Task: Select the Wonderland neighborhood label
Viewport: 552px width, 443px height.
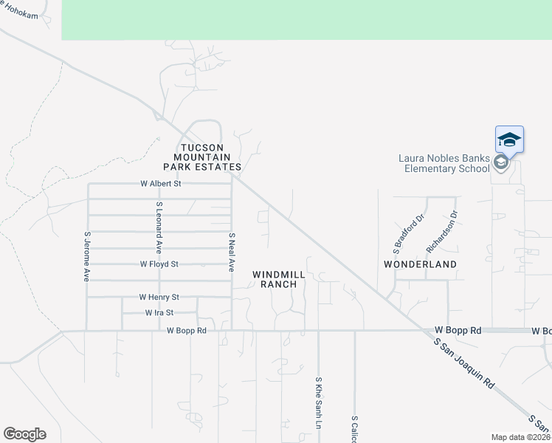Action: click(x=420, y=264)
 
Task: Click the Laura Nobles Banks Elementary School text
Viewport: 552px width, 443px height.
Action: click(x=444, y=162)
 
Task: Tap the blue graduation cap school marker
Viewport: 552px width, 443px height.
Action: click(x=509, y=139)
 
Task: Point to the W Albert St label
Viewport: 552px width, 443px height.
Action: click(x=160, y=183)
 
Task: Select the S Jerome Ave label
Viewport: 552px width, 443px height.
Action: click(x=87, y=256)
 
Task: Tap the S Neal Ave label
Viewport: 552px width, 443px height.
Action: click(x=232, y=253)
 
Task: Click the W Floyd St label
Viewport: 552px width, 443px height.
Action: click(x=159, y=264)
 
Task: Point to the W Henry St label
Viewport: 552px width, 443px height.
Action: click(x=159, y=297)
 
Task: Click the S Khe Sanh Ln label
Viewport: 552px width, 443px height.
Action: click(x=319, y=402)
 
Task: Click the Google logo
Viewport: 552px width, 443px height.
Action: click(x=24, y=434)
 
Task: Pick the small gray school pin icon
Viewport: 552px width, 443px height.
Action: click(x=501, y=162)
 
